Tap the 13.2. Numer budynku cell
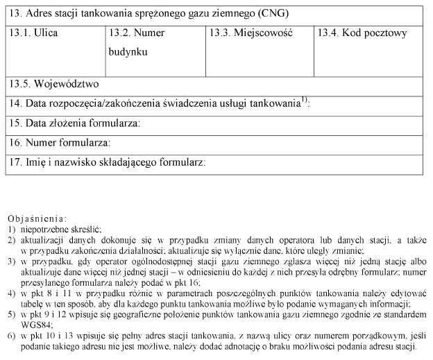[x=135, y=42]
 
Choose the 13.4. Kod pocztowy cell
[x=362, y=33]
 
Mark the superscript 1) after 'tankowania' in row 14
[x=305, y=100]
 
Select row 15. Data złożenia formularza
[x=74, y=123]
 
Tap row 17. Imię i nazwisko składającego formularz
[x=107, y=163]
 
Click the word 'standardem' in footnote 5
[x=392, y=314]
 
